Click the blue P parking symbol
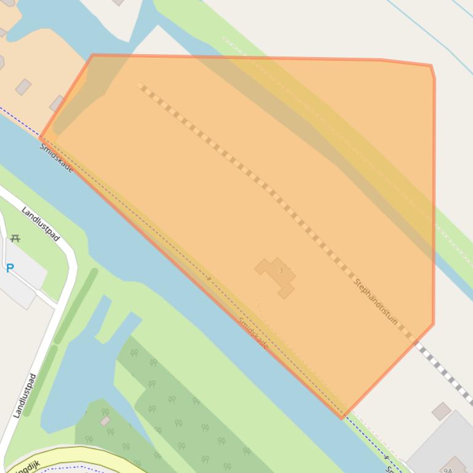(x=10, y=268)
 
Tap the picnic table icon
(x=15, y=238)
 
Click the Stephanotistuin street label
(x=376, y=302)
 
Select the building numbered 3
(x=277, y=276)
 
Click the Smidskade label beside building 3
(x=253, y=334)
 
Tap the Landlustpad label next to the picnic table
(x=41, y=224)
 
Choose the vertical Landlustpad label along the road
(x=24, y=396)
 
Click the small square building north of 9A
(x=441, y=412)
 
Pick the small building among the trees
(x=105, y=421)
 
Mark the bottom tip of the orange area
(x=343, y=418)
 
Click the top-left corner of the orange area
(x=92, y=55)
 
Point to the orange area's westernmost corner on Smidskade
(x=41, y=138)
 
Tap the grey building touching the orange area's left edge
(x=57, y=103)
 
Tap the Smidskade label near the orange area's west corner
(x=56, y=158)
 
